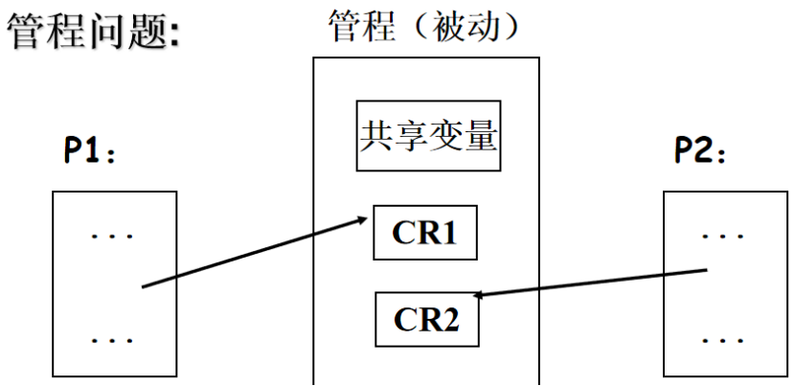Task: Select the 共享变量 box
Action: (428, 136)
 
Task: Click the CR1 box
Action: (424, 233)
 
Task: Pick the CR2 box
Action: (427, 319)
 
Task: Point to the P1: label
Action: (90, 151)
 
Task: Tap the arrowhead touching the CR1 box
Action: (365, 219)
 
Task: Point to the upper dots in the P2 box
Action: (724, 234)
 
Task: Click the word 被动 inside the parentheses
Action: (469, 26)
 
